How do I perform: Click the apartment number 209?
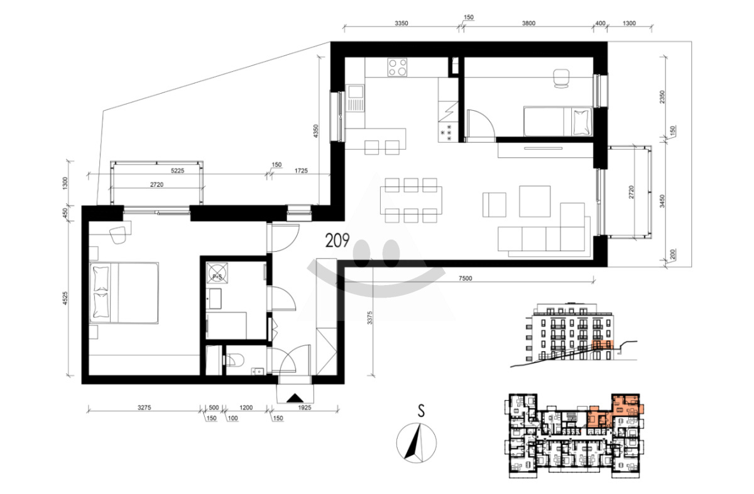click(x=337, y=240)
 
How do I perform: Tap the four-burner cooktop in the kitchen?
click(x=397, y=67)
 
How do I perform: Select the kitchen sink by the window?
click(x=356, y=98)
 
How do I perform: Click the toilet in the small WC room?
click(x=234, y=360)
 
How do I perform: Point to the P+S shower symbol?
click(x=217, y=273)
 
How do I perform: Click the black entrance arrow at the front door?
click(x=295, y=398)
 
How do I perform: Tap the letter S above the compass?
click(x=421, y=411)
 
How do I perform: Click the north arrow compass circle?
click(x=417, y=443)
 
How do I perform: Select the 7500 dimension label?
click(x=465, y=278)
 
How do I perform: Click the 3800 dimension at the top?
click(x=528, y=23)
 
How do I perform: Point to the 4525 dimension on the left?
click(x=65, y=298)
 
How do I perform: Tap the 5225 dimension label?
click(x=177, y=171)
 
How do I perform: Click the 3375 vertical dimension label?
click(x=369, y=318)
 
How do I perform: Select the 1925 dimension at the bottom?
click(x=304, y=407)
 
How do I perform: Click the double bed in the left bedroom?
click(x=124, y=293)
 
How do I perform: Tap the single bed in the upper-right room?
click(x=558, y=121)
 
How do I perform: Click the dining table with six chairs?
click(x=411, y=200)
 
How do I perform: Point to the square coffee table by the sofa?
click(x=535, y=201)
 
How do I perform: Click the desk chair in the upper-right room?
click(x=561, y=79)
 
